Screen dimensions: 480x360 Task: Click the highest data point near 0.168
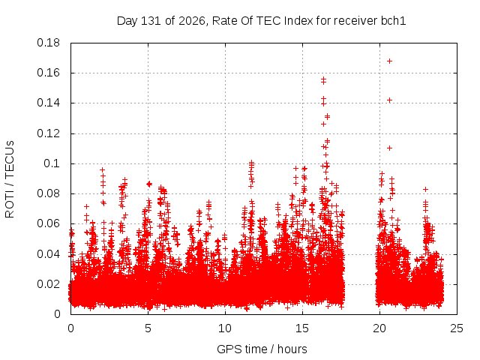[389, 61]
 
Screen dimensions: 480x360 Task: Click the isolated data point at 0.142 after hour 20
[389, 100]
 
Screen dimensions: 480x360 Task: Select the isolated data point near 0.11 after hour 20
[389, 148]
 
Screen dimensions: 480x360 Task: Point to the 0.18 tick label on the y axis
[48, 43]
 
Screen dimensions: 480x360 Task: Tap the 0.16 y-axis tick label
[48, 73]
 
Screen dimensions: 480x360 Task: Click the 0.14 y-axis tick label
[48, 103]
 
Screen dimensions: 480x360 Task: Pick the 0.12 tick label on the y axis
[48, 133]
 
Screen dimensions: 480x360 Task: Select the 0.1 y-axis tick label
[52, 163]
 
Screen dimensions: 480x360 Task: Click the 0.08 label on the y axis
[48, 193]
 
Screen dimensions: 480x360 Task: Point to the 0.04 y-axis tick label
[48, 254]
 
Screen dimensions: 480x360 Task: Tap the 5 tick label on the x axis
[148, 328]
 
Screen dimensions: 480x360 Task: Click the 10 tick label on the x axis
[225, 328]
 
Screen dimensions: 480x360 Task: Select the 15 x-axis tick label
[302, 328]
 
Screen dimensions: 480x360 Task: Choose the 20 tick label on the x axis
[379, 328]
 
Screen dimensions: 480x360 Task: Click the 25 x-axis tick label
[457, 328]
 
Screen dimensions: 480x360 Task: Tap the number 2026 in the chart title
[192, 21]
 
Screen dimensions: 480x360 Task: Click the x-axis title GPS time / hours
[262, 349]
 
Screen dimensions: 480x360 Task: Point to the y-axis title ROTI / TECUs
[10, 179]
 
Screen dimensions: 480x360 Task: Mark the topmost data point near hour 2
[103, 170]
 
